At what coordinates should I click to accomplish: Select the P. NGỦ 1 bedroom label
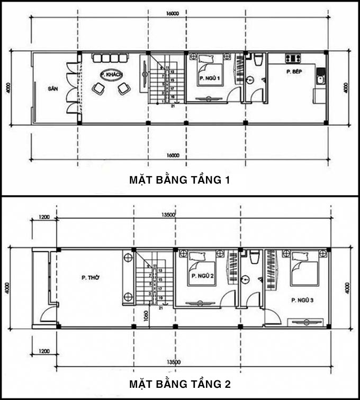(209, 78)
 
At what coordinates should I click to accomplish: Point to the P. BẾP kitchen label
(294, 72)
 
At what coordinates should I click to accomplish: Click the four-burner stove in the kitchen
(293, 58)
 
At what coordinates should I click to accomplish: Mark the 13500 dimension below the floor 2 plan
(171, 362)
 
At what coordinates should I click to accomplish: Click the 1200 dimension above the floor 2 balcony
(43, 216)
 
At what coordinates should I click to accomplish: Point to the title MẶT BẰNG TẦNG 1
(179, 180)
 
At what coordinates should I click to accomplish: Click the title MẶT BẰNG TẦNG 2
(179, 383)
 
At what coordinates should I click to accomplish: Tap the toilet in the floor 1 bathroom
(257, 60)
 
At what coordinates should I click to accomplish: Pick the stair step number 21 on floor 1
(173, 106)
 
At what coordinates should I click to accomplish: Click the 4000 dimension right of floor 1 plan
(346, 87)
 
